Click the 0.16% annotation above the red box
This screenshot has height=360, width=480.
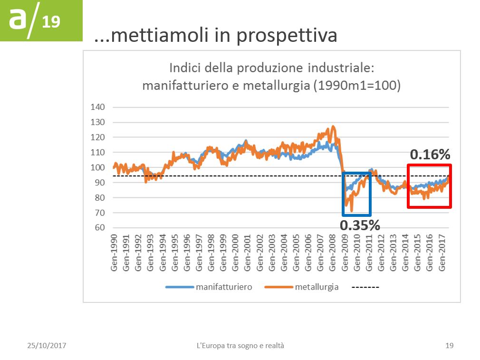430,155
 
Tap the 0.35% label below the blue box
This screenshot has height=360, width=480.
360,225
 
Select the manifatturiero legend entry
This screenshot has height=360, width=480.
223,287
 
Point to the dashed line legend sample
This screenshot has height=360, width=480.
365,287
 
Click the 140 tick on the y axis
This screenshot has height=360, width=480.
97,107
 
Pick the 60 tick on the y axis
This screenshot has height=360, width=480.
99,228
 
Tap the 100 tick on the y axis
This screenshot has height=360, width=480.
97,167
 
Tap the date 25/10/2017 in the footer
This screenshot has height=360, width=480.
46,346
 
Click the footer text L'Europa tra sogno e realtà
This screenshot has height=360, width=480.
240,346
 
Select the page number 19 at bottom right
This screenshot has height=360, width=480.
449,346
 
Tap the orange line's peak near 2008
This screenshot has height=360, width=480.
333,126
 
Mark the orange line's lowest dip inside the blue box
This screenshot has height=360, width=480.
352,211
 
